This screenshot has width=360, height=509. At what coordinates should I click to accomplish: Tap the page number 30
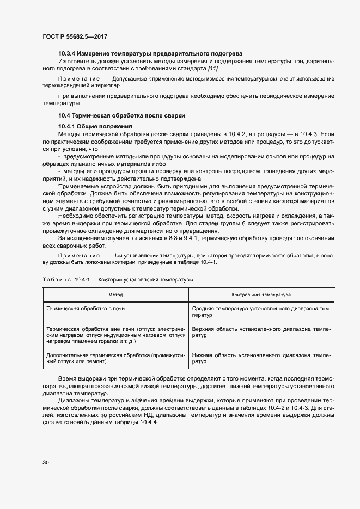click(x=46, y=463)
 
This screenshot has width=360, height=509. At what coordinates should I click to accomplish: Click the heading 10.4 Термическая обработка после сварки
click(x=121, y=115)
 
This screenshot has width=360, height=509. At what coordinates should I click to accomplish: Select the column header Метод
click(x=115, y=295)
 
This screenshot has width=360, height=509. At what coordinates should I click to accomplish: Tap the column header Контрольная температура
click(x=261, y=295)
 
